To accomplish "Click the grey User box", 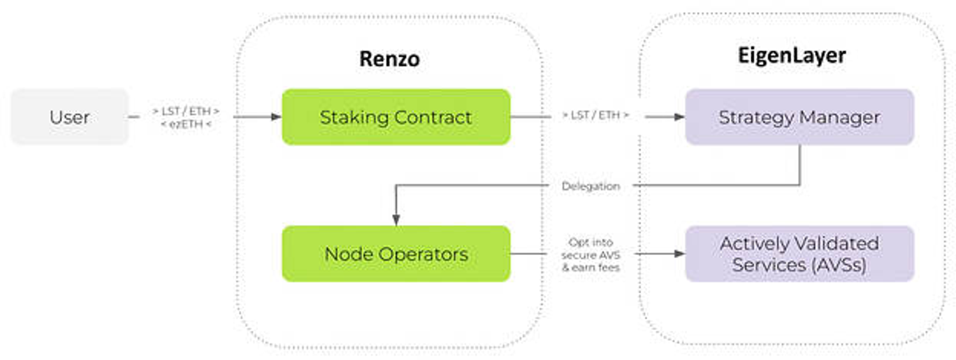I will click(x=69, y=117).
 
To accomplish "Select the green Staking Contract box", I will click(x=396, y=117).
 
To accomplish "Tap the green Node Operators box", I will click(x=396, y=254).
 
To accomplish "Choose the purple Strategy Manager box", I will click(x=799, y=117).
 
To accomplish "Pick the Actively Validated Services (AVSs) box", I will click(x=799, y=254).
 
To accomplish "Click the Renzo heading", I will click(x=389, y=59).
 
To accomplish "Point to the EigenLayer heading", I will click(x=792, y=55).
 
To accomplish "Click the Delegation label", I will click(x=591, y=186).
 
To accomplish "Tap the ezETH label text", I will click(x=187, y=124).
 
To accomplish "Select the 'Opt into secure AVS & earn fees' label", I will click(x=591, y=255).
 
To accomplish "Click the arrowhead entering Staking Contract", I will click(x=277, y=117).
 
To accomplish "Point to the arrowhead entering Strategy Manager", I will click(x=680, y=117).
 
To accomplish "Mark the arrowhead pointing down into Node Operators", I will click(x=396, y=220).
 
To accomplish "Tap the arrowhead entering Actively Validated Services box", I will click(x=680, y=254).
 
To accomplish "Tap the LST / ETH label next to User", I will click(x=187, y=111).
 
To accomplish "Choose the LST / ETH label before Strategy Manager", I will click(x=595, y=115).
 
